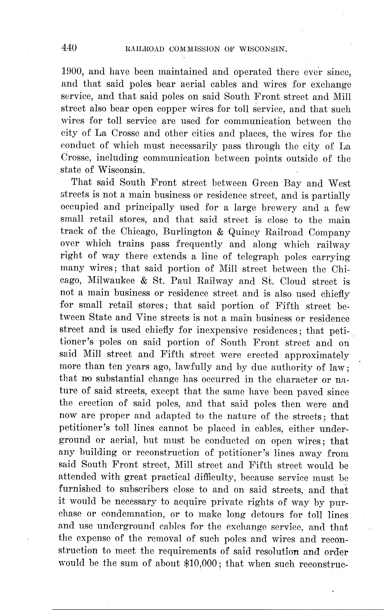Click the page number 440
point(69,48)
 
